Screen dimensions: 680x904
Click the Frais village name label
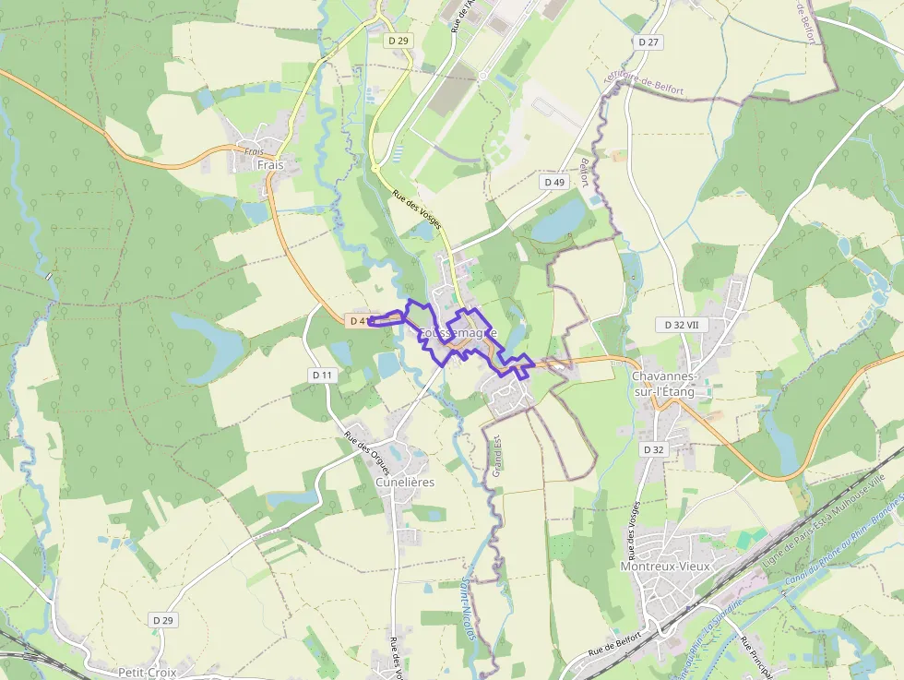click(x=270, y=165)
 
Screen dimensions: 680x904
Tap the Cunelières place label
click(x=405, y=482)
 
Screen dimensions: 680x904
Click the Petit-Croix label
click(x=148, y=672)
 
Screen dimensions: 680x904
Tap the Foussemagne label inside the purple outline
click(x=458, y=333)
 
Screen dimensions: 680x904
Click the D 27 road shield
click(x=648, y=42)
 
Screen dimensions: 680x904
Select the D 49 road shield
click(x=554, y=183)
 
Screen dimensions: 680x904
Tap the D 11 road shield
click(x=322, y=376)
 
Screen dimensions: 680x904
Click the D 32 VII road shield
click(x=681, y=326)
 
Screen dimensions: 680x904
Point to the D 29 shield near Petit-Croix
click(x=163, y=620)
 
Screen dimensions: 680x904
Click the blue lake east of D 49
click(x=559, y=221)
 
